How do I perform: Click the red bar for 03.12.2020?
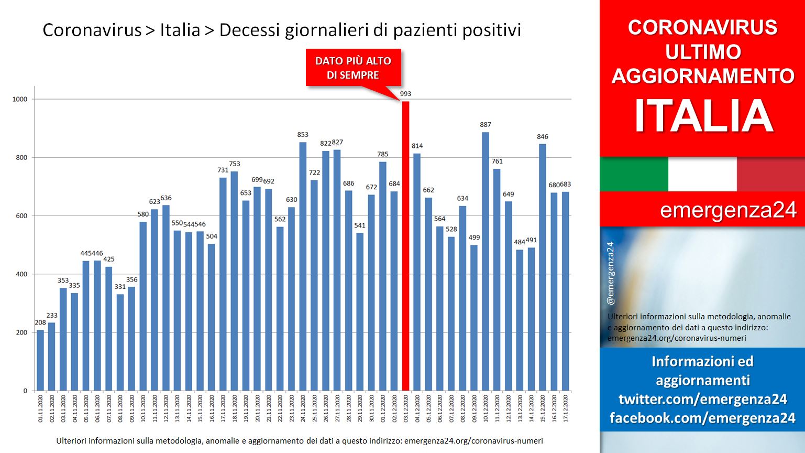pyautogui.click(x=405, y=246)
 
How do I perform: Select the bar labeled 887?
pyautogui.click(x=485, y=262)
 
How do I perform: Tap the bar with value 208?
pyautogui.click(x=40, y=361)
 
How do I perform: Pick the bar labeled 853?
pyautogui.click(x=303, y=267)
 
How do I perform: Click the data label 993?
pyautogui.click(x=405, y=94)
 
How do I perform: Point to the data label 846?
pyautogui.click(x=542, y=137)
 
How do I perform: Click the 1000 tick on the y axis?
pyautogui.click(x=20, y=99)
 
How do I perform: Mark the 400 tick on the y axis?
pyautogui.click(x=21, y=274)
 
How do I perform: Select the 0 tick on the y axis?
pyautogui.click(x=25, y=391)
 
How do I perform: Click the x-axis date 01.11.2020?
pyautogui.click(x=40, y=408)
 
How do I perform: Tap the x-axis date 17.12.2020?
pyautogui.click(x=565, y=408)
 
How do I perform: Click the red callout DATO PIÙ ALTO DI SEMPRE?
pyautogui.click(x=353, y=68)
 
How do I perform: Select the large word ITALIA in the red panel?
pyautogui.click(x=703, y=116)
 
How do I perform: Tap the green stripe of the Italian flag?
pyautogui.click(x=634, y=174)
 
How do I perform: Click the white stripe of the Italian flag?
pyautogui.click(x=702, y=174)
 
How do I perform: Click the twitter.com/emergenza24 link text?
pyautogui.click(x=702, y=400)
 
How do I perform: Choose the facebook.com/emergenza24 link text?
pyautogui.click(x=702, y=418)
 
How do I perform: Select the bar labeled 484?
pyautogui.click(x=520, y=320)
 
